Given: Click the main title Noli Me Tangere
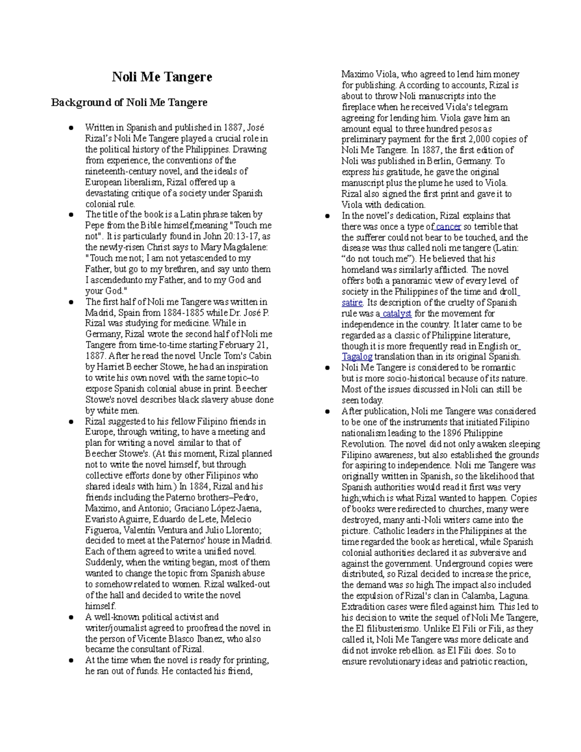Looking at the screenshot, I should (162, 77).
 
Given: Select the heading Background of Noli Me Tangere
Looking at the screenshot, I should (129, 103).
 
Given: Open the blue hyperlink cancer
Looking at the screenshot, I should (448, 227).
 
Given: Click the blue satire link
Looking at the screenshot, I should (352, 303).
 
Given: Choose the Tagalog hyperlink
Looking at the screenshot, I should (357, 357).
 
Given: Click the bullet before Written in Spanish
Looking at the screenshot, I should (71, 128).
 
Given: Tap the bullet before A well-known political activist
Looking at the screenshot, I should (71, 617).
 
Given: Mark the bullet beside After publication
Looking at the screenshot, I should (328, 412).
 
